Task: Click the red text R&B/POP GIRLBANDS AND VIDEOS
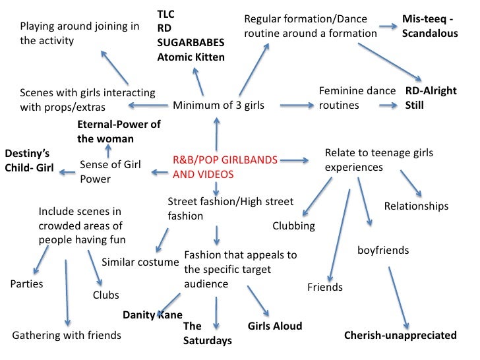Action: (x=225, y=167)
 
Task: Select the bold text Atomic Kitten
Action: (x=191, y=57)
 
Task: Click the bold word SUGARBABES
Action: (x=191, y=43)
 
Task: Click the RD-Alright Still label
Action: (x=431, y=98)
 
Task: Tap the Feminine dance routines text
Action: (x=357, y=98)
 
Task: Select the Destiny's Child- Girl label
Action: (x=29, y=160)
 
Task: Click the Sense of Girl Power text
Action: (x=109, y=171)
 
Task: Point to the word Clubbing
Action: (x=293, y=226)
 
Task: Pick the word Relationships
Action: (x=416, y=206)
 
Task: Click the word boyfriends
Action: (x=383, y=251)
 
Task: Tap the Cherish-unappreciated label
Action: (x=400, y=336)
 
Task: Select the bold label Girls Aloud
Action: (x=274, y=326)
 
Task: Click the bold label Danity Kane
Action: (x=152, y=315)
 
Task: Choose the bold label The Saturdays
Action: (x=207, y=333)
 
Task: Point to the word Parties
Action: (x=27, y=284)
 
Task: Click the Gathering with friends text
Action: (x=67, y=335)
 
